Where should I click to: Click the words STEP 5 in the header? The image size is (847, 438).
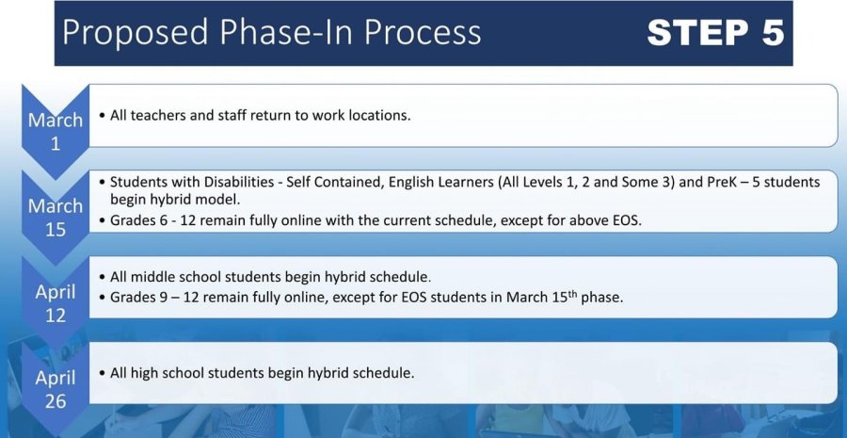[715, 32]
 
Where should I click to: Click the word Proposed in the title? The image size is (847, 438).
[135, 32]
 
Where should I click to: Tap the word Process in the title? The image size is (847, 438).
[423, 31]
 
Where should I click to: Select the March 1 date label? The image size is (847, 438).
[56, 132]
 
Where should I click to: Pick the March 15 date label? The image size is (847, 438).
[56, 218]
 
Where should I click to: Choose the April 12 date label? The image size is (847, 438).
[56, 303]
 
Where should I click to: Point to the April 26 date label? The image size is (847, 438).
[56, 389]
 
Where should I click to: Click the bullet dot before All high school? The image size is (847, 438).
[103, 373]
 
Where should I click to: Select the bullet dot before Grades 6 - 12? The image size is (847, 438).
[103, 220]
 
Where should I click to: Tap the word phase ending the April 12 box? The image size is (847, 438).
[601, 298]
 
